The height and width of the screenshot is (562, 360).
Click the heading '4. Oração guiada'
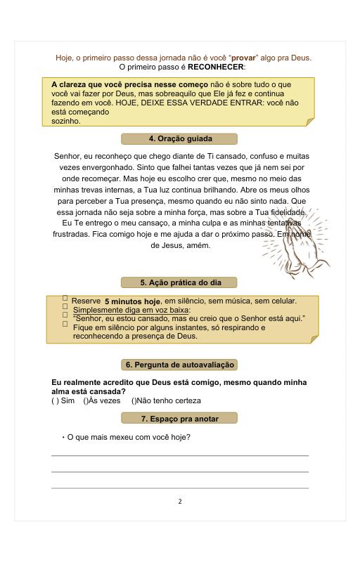click(180, 138)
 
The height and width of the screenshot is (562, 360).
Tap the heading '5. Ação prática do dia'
click(180, 282)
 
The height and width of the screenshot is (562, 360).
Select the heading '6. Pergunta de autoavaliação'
click(180, 365)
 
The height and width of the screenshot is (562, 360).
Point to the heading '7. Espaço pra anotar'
click(180, 419)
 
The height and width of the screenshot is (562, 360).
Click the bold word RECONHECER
click(216, 67)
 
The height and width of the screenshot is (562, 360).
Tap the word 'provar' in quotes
click(243, 58)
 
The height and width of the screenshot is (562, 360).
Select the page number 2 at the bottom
click(180, 502)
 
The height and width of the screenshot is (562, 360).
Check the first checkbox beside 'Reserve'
click(65, 299)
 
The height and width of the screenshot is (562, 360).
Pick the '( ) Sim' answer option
click(63, 400)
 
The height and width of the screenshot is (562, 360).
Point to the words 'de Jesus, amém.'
click(180, 245)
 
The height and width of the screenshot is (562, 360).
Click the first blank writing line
click(180, 456)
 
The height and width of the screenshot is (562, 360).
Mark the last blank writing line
click(180, 488)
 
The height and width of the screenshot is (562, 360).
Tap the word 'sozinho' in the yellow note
click(66, 121)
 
